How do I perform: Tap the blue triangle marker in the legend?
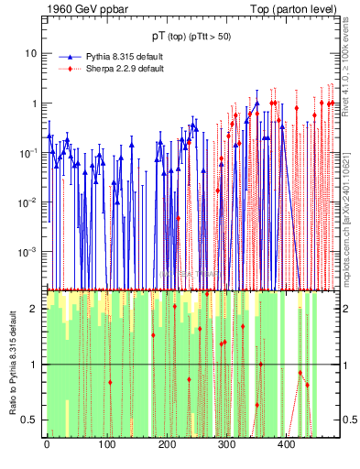pyautogui.click(x=70, y=57)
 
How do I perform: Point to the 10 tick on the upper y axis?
pyautogui.click(x=30, y=53)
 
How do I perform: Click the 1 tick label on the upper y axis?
pyautogui.click(x=34, y=104)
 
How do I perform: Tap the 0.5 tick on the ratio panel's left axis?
pyautogui.click(x=30, y=420)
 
